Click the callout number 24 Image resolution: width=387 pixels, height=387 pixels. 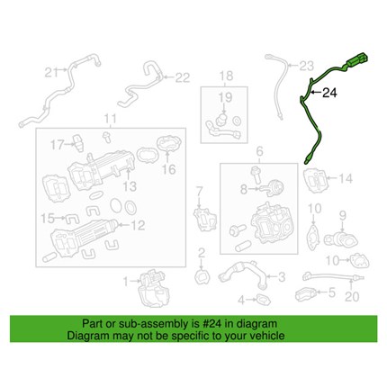[x=329, y=93]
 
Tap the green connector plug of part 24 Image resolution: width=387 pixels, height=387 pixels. [x=357, y=59]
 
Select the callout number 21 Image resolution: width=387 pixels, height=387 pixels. [x=52, y=72]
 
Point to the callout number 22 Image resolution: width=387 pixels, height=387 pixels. [x=183, y=77]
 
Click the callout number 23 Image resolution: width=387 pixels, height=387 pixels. [x=307, y=66]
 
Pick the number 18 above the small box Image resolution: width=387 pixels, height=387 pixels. [x=226, y=76]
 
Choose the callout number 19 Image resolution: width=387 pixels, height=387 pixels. [x=225, y=97]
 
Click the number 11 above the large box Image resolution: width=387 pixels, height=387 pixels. [x=110, y=119]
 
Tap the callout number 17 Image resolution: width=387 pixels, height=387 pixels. [x=57, y=145]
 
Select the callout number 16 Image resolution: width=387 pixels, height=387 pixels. [x=169, y=170]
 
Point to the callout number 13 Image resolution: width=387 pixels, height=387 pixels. [x=130, y=186]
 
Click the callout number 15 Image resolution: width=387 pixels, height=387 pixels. [x=47, y=219]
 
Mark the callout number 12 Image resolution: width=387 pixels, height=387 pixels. [x=139, y=225]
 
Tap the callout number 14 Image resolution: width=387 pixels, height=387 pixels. [x=346, y=179]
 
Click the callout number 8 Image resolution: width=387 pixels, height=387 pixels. [x=244, y=190]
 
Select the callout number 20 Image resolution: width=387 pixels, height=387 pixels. [x=352, y=297]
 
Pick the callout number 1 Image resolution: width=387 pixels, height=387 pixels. [x=126, y=282]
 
